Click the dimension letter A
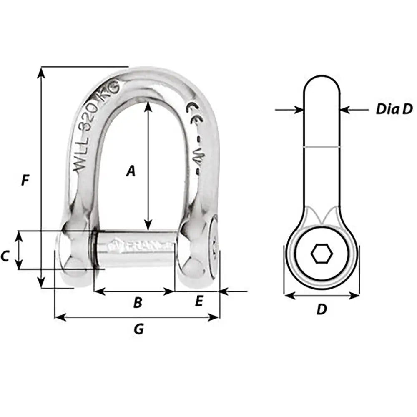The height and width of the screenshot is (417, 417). coord(131,171)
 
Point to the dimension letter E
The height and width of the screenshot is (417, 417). coord(199,301)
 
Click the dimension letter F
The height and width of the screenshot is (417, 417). coord(25,181)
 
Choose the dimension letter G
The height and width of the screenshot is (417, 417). coord(139,329)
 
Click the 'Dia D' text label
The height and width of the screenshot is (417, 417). coord(394,109)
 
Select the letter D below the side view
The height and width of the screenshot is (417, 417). coord(321,310)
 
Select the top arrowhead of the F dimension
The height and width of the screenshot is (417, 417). coord(41,72)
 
